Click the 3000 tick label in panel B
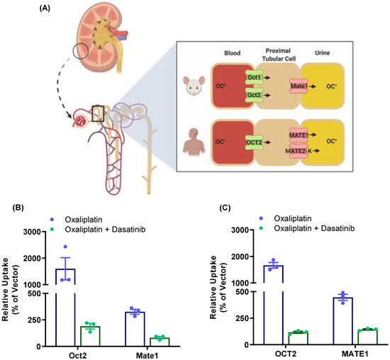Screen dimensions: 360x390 pos(33,232)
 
